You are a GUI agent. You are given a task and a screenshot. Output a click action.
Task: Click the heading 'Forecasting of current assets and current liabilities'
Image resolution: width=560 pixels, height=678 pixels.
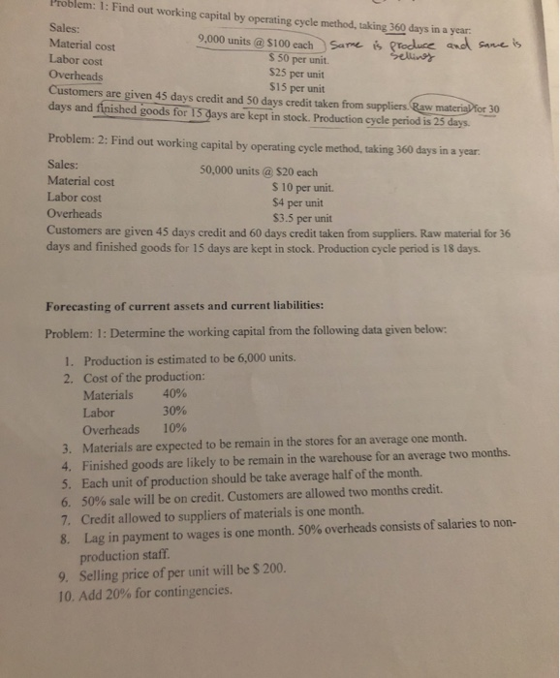click(185, 306)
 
